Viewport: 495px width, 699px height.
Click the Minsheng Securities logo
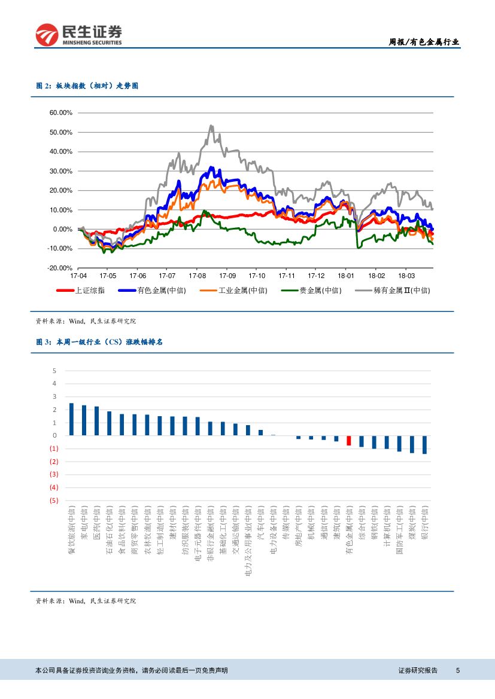(x=78, y=35)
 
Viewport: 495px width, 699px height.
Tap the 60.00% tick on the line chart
(x=60, y=112)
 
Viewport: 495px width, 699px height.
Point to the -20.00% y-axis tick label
(x=60, y=268)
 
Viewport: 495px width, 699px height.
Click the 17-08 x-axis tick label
(x=197, y=276)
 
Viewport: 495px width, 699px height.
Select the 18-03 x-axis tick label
(x=406, y=276)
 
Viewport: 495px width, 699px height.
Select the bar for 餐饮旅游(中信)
(x=71, y=419)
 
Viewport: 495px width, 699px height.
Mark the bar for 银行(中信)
(x=424, y=444)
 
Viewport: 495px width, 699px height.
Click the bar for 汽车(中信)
(x=260, y=432)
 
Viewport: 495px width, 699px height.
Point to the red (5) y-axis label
(x=54, y=500)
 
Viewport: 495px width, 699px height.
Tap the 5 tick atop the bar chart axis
(x=54, y=371)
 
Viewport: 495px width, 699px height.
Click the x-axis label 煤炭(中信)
(x=412, y=524)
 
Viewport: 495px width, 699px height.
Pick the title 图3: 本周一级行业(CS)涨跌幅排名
(x=99, y=342)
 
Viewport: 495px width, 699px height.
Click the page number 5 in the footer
(x=457, y=670)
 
